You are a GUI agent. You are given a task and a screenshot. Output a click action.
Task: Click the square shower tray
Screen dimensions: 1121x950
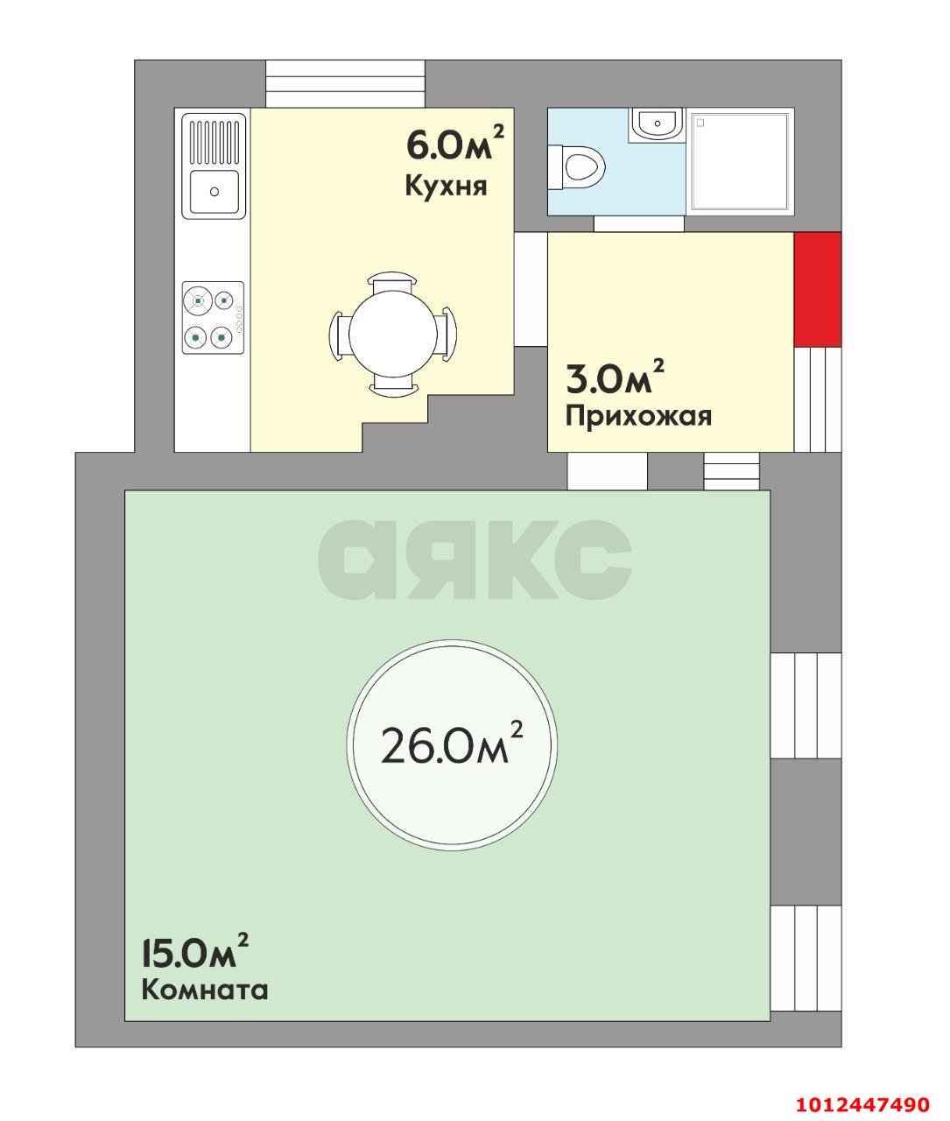(x=741, y=160)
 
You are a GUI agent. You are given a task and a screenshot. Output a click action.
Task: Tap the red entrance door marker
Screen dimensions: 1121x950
(x=818, y=289)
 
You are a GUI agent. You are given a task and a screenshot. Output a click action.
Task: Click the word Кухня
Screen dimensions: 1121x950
(x=445, y=186)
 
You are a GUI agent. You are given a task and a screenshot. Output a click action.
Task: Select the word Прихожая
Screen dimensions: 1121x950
(x=638, y=415)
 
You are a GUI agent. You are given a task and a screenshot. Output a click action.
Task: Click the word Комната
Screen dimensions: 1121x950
(x=204, y=991)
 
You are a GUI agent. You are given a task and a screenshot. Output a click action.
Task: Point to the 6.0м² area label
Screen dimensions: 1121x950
(x=454, y=144)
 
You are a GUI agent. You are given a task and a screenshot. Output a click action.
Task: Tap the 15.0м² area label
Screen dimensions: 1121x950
(x=194, y=952)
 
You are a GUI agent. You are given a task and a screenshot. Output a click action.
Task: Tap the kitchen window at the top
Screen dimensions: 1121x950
(x=345, y=84)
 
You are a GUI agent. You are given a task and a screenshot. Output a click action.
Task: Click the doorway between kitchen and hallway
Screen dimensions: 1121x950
(x=530, y=288)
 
